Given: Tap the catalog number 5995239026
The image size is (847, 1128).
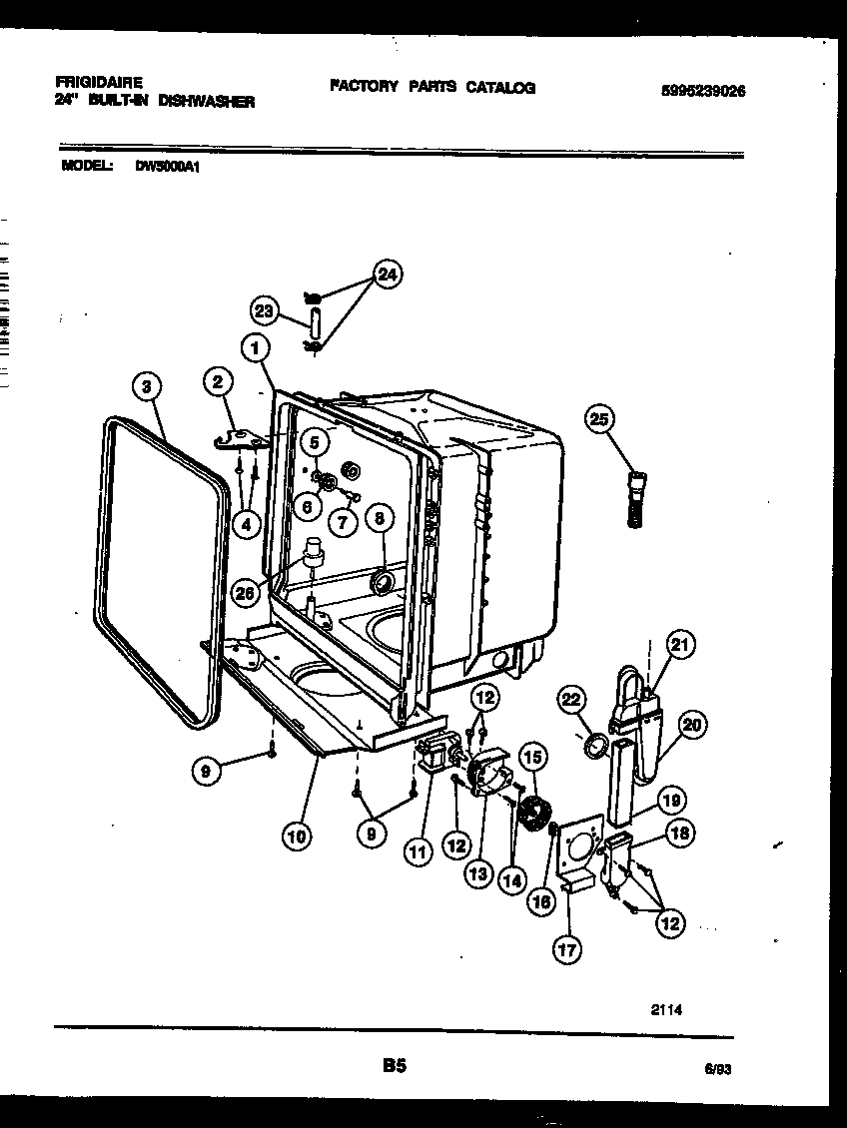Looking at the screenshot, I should click(703, 90).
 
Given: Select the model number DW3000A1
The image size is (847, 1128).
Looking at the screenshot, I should click(168, 168).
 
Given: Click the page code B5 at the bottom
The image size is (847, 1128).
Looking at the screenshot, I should click(394, 1067).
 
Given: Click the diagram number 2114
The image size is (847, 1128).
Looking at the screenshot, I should click(666, 1009).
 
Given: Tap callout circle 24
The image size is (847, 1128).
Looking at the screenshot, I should click(387, 276).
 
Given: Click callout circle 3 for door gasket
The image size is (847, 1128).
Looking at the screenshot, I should click(147, 386).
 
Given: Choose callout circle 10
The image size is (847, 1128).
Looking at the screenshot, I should click(296, 837).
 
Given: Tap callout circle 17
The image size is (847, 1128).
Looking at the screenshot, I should click(567, 950).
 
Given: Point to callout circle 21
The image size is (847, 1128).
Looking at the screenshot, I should click(680, 646).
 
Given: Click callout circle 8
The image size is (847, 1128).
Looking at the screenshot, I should click(379, 518).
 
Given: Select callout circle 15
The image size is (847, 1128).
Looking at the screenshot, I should click(531, 759).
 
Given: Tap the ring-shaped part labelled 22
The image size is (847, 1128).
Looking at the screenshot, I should click(595, 746).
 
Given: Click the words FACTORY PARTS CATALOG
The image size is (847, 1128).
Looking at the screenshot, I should click(431, 87).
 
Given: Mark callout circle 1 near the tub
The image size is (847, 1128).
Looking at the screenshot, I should click(257, 348).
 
